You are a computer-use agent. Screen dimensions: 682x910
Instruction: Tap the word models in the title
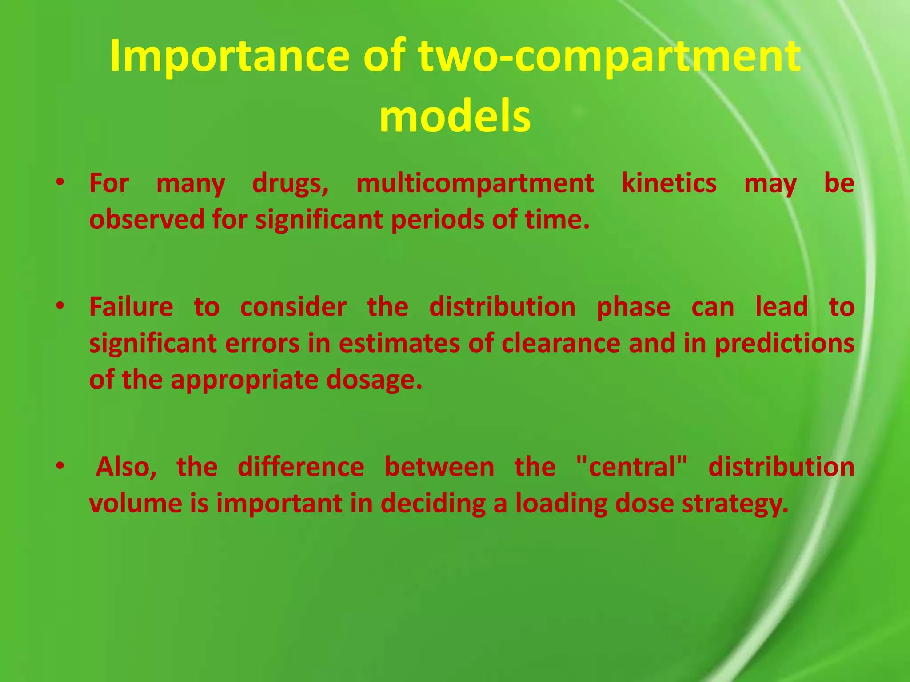pos(455,116)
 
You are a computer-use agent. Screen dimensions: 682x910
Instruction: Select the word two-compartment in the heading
pos(609,57)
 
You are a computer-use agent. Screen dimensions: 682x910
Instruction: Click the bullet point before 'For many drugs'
pos(60,182)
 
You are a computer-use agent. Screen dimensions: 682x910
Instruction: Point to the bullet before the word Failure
pos(60,306)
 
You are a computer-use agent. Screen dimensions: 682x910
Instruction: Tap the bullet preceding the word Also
pos(60,466)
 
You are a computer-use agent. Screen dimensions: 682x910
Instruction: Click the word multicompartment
pos(475,183)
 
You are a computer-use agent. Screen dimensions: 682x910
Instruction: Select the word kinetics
pos(669,183)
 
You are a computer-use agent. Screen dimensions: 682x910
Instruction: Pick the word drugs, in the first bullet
pos(291,184)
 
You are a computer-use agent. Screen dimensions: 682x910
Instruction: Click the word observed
pos(147,219)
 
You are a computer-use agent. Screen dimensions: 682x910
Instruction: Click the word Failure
pos(131,307)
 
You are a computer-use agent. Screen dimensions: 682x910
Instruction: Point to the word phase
pos(633,308)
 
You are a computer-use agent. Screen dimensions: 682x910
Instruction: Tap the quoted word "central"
pos(631,467)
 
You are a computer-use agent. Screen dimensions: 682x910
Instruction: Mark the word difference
pos(301,467)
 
